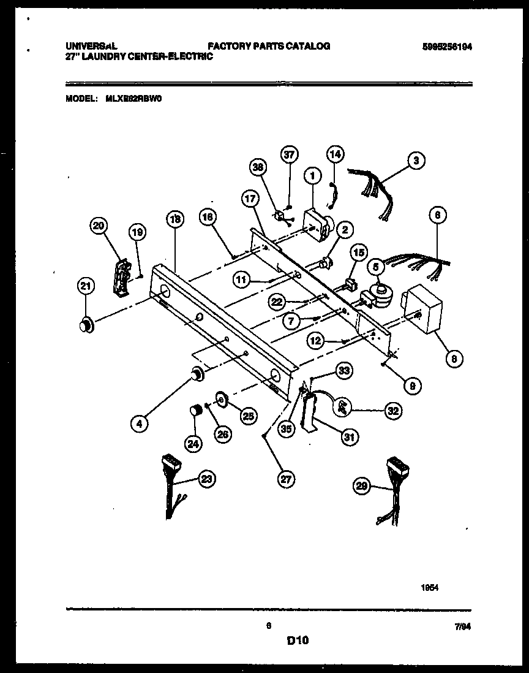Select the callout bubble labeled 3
[416, 161]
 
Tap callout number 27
[283, 480]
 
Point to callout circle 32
[392, 412]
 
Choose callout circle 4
[140, 422]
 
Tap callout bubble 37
[289, 155]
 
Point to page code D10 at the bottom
[297, 641]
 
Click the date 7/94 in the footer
[463, 626]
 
